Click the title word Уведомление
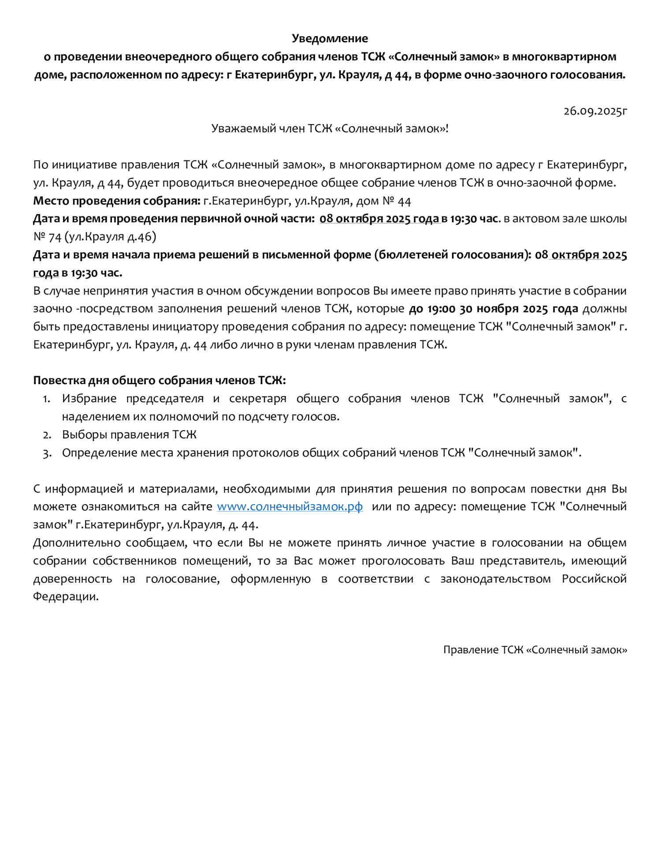(330, 39)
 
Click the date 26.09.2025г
(595, 111)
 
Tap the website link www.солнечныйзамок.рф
(290, 507)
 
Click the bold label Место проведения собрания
(117, 201)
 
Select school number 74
(55, 237)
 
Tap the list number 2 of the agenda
(47, 435)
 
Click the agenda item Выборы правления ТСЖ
(129, 435)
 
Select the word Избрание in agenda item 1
(89, 399)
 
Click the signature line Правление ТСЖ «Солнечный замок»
(535, 650)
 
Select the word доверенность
(73, 579)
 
